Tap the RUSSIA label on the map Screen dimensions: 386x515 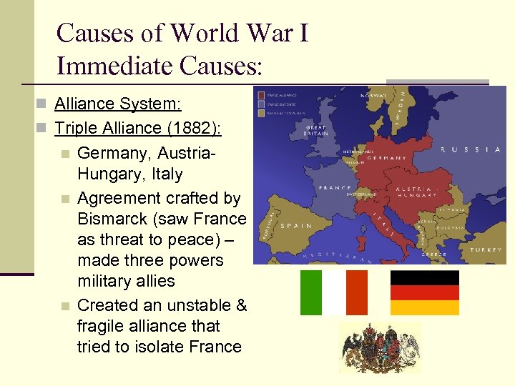click(470, 149)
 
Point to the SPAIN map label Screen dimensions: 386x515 click(295, 224)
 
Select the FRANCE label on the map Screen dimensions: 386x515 click(335, 187)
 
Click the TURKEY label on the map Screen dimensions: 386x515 click(486, 250)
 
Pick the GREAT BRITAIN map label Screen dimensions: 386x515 click(317, 132)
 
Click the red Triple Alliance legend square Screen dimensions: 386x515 click(262, 94)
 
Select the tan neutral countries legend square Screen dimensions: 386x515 click(262, 113)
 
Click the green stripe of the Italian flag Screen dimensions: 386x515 click(311, 292)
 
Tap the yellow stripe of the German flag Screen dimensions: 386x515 click(425, 307)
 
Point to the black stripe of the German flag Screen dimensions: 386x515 click(425, 277)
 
